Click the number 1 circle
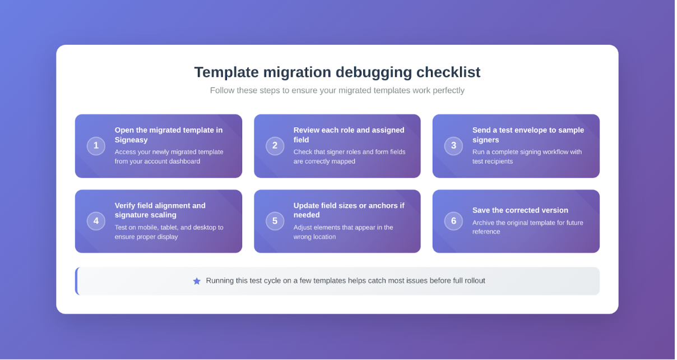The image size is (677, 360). click(x=96, y=146)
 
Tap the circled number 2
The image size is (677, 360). click(x=275, y=146)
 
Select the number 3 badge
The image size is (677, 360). click(x=453, y=146)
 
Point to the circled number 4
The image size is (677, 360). click(x=96, y=221)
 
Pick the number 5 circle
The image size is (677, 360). click(x=275, y=221)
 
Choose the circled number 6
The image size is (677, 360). click(x=453, y=221)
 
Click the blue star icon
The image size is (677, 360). click(x=197, y=281)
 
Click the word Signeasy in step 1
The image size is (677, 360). click(x=131, y=140)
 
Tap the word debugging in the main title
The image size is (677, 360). click(x=374, y=72)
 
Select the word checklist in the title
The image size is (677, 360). click(x=448, y=72)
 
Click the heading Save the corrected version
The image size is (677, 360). click(x=520, y=210)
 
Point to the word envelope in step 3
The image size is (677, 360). click(x=526, y=131)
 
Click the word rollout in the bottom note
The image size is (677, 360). click(x=474, y=281)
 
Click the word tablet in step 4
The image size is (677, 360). click(x=170, y=228)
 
